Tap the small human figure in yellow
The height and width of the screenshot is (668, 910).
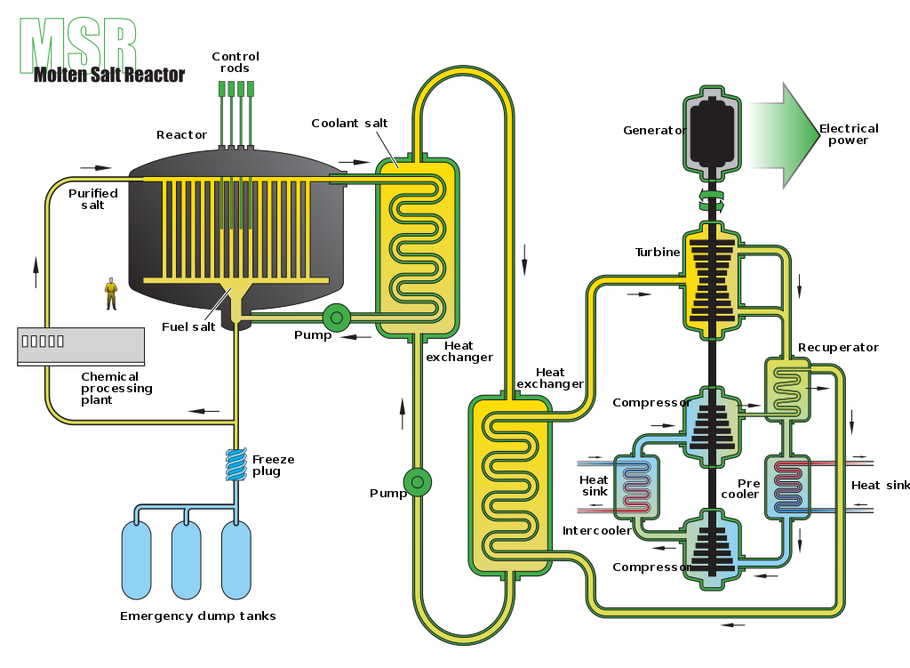pyautogui.click(x=111, y=293)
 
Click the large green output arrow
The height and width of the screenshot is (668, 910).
pyautogui.click(x=781, y=135)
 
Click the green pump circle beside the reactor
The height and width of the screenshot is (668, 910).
pyautogui.click(x=336, y=318)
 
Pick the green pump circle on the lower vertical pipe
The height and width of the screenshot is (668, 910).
pyautogui.click(x=418, y=482)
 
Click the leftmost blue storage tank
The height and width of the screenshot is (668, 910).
pyautogui.click(x=136, y=559)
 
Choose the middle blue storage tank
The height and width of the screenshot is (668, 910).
pyautogui.click(x=186, y=559)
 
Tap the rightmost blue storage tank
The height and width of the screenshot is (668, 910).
pyautogui.click(x=235, y=559)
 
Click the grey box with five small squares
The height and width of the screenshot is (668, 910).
pyautogui.click(x=81, y=345)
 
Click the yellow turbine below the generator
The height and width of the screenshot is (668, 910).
pyautogui.click(x=712, y=280)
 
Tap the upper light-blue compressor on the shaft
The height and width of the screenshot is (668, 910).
pyautogui.click(x=712, y=426)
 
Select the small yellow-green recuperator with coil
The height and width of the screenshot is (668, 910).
pyautogui.click(x=787, y=389)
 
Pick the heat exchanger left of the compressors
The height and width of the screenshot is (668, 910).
pyautogui.click(x=636, y=487)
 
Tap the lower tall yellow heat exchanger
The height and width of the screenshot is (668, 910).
pyautogui.click(x=509, y=485)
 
